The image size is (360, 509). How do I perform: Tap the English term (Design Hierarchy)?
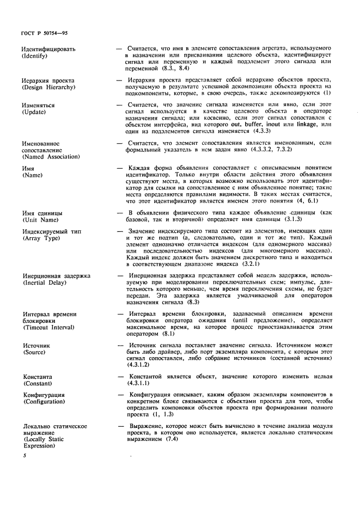point(48,87)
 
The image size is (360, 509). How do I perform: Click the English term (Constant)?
point(37,384)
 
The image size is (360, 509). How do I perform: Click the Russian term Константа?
point(37,376)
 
